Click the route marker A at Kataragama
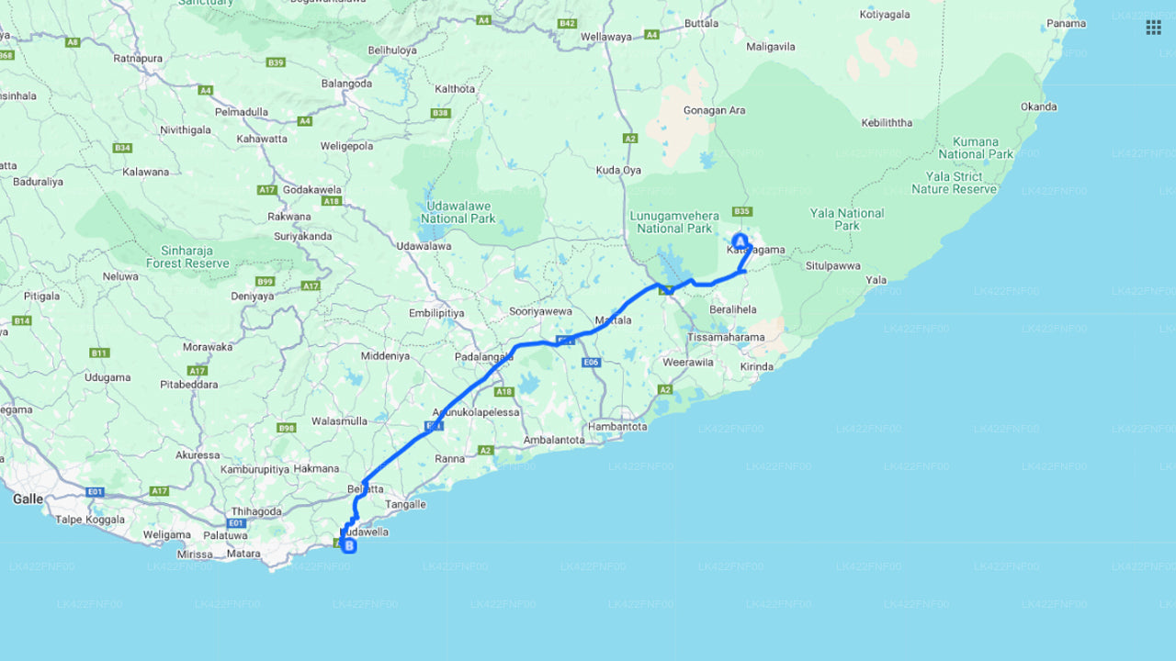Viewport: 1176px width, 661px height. tap(740, 241)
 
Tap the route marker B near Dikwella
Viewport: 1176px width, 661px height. tap(349, 545)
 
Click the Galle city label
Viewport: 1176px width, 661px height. tap(28, 499)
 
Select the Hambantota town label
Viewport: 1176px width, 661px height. tap(617, 427)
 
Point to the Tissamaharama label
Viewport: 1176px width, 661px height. tap(727, 337)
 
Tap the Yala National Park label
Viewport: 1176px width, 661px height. tap(847, 219)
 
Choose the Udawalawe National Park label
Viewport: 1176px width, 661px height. tap(458, 212)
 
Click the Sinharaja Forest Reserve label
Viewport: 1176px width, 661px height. tap(187, 256)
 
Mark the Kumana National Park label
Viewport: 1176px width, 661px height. tap(975, 148)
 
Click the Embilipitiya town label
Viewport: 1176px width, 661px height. tap(436, 313)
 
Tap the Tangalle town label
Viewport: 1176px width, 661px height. tap(405, 504)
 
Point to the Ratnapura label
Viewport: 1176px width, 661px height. tap(138, 59)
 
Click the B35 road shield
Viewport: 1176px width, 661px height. tap(743, 212)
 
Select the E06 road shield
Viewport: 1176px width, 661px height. tap(591, 363)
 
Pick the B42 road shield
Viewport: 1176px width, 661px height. tap(567, 23)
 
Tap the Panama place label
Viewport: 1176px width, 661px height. tap(1066, 24)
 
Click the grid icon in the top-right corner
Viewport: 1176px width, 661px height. tap(1153, 28)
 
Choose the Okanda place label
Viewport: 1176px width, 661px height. tap(1038, 106)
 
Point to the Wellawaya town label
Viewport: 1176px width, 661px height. tap(606, 37)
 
